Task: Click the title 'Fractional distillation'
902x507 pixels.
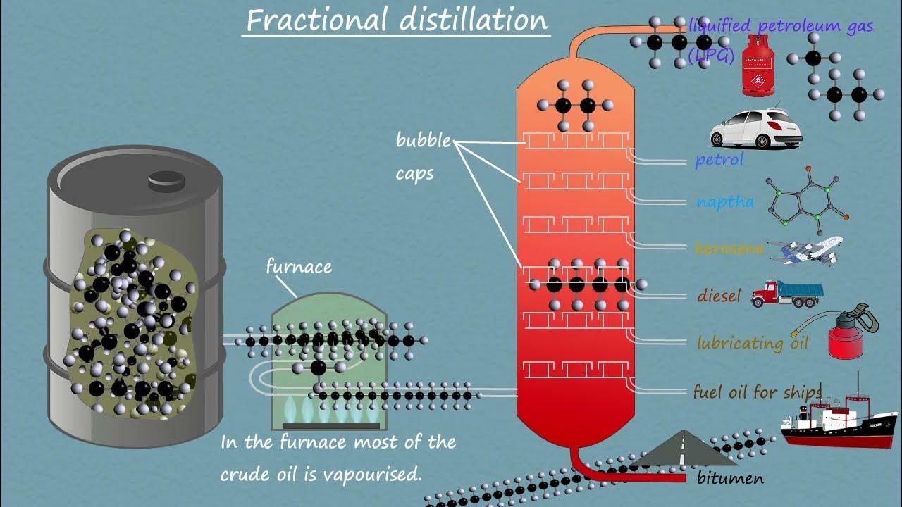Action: [x=397, y=20]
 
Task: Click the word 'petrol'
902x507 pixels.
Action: [x=719, y=160]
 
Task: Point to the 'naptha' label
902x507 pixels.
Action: [x=724, y=202]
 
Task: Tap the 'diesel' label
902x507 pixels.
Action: [x=719, y=296]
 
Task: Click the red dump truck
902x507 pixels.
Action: [x=786, y=294]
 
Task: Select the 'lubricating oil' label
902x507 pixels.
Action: [x=752, y=343]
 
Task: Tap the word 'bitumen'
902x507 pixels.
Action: [x=729, y=479]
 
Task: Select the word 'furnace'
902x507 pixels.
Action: [x=299, y=267]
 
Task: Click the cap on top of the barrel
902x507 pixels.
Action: [x=166, y=181]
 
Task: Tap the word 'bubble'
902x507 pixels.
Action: [x=423, y=140]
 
